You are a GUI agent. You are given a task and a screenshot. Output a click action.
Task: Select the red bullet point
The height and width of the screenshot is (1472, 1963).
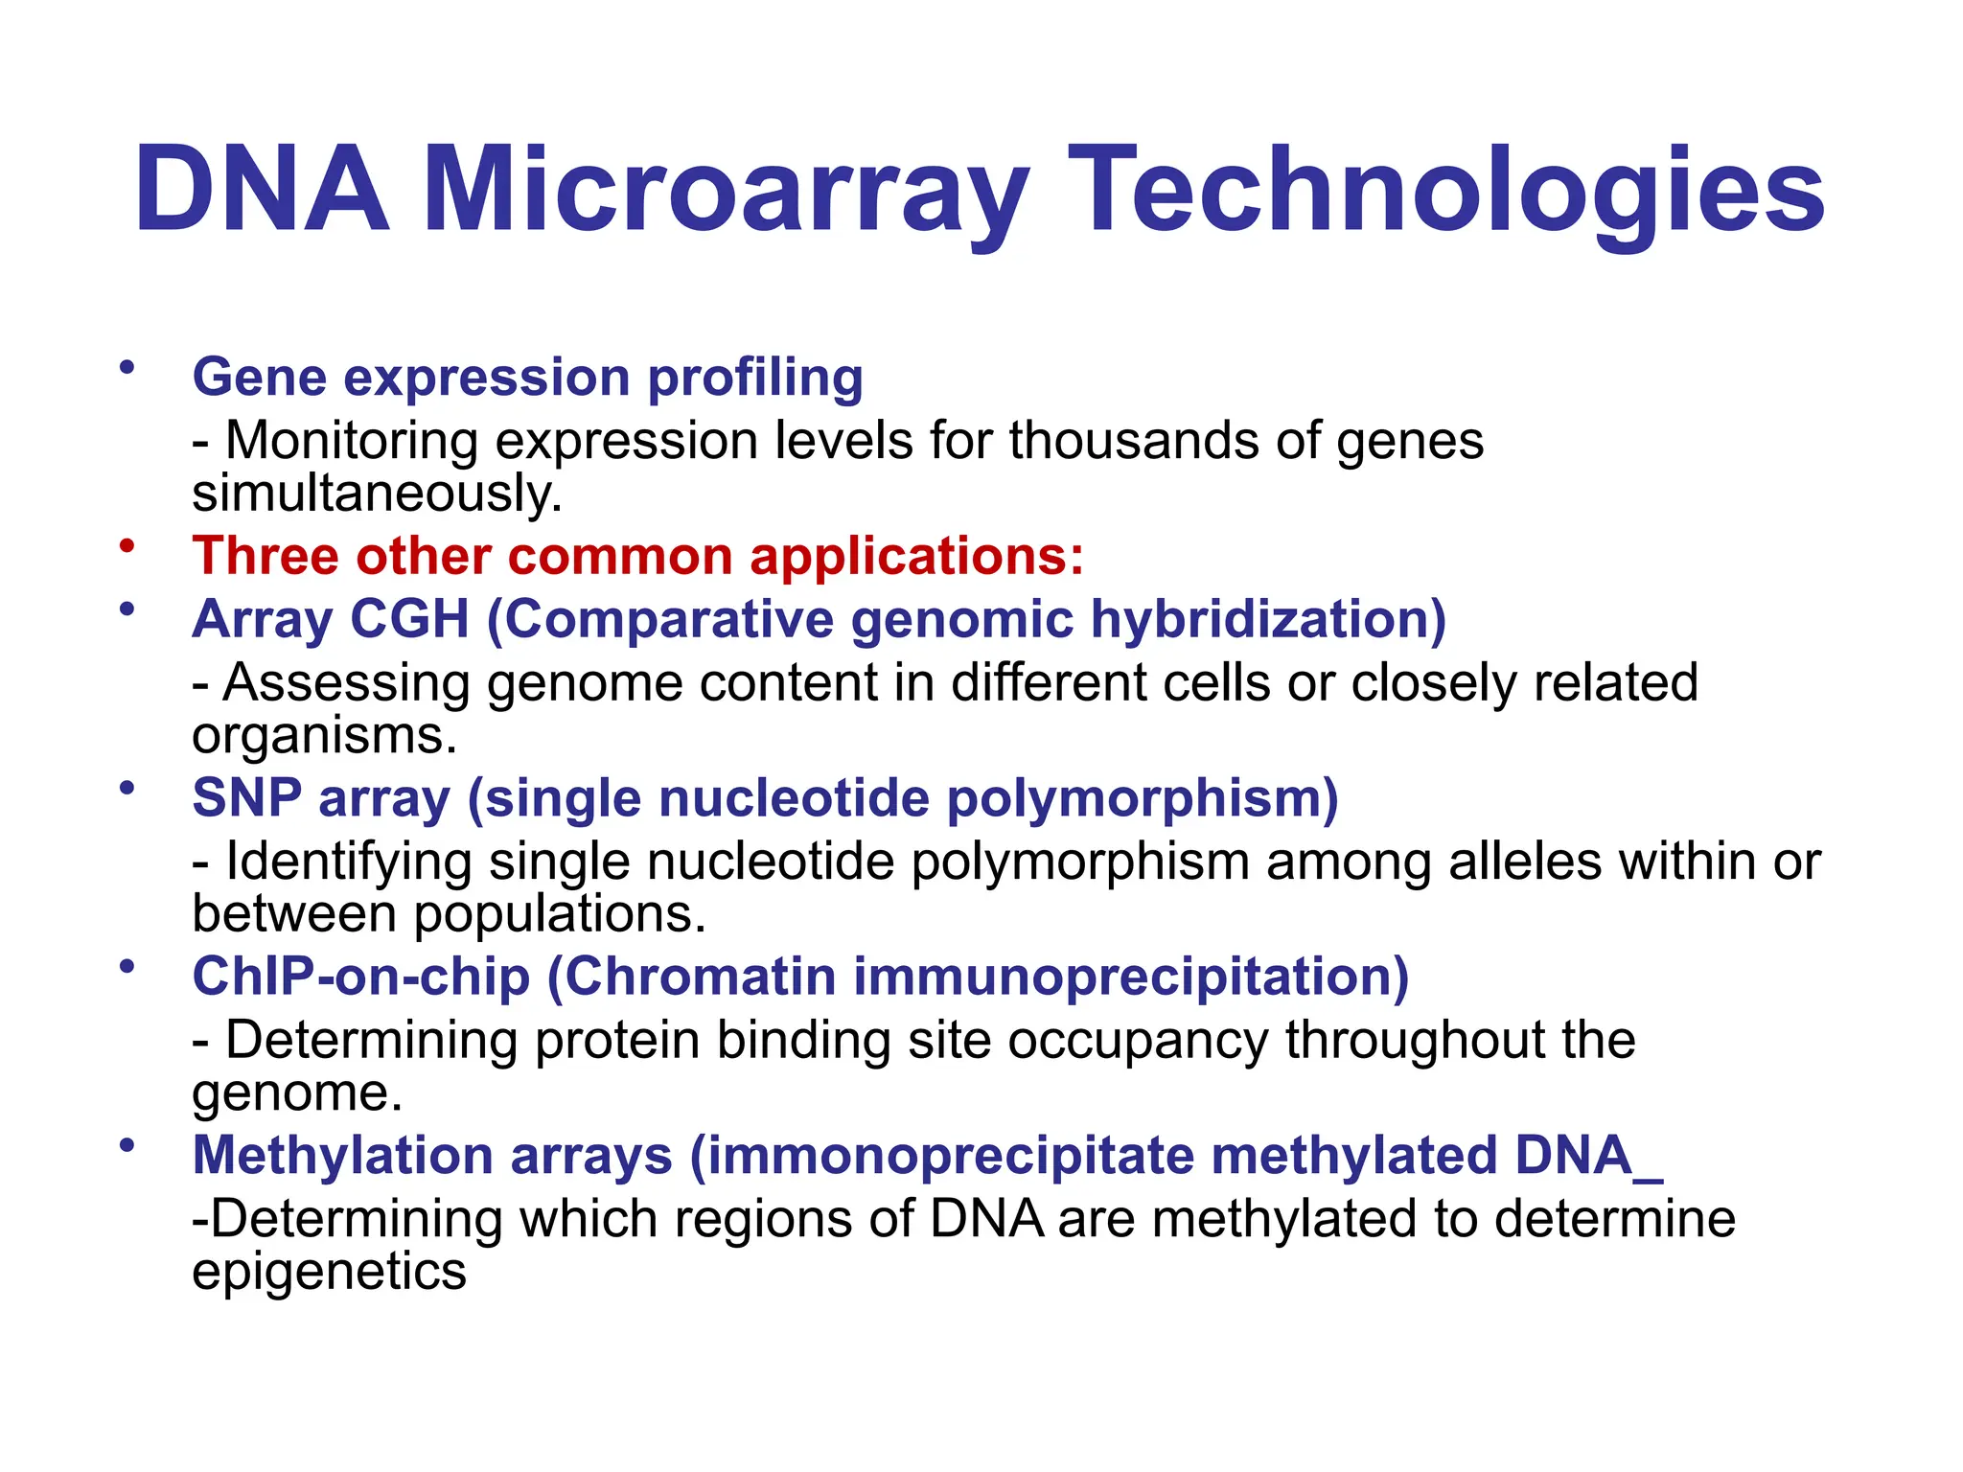pos(127,545)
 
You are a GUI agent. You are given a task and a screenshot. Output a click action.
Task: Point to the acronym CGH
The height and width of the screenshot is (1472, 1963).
pos(409,619)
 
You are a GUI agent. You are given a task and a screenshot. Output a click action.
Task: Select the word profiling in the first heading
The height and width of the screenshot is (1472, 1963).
pos(755,378)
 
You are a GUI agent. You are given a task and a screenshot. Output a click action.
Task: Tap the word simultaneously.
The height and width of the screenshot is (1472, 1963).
pos(377,494)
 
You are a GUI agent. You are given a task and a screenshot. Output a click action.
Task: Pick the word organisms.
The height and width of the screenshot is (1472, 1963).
pos(324,736)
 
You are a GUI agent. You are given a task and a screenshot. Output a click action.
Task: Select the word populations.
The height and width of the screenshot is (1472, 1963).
pos(559,913)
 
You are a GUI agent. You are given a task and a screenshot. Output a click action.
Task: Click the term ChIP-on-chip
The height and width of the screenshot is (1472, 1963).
pos(361,977)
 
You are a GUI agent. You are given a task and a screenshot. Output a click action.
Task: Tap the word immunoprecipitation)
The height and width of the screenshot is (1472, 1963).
pos(1131,977)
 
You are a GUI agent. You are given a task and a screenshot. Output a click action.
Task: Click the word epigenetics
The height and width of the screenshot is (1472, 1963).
pos(329,1272)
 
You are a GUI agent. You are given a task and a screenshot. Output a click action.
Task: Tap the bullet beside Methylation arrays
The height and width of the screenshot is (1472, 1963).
pos(127,1144)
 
